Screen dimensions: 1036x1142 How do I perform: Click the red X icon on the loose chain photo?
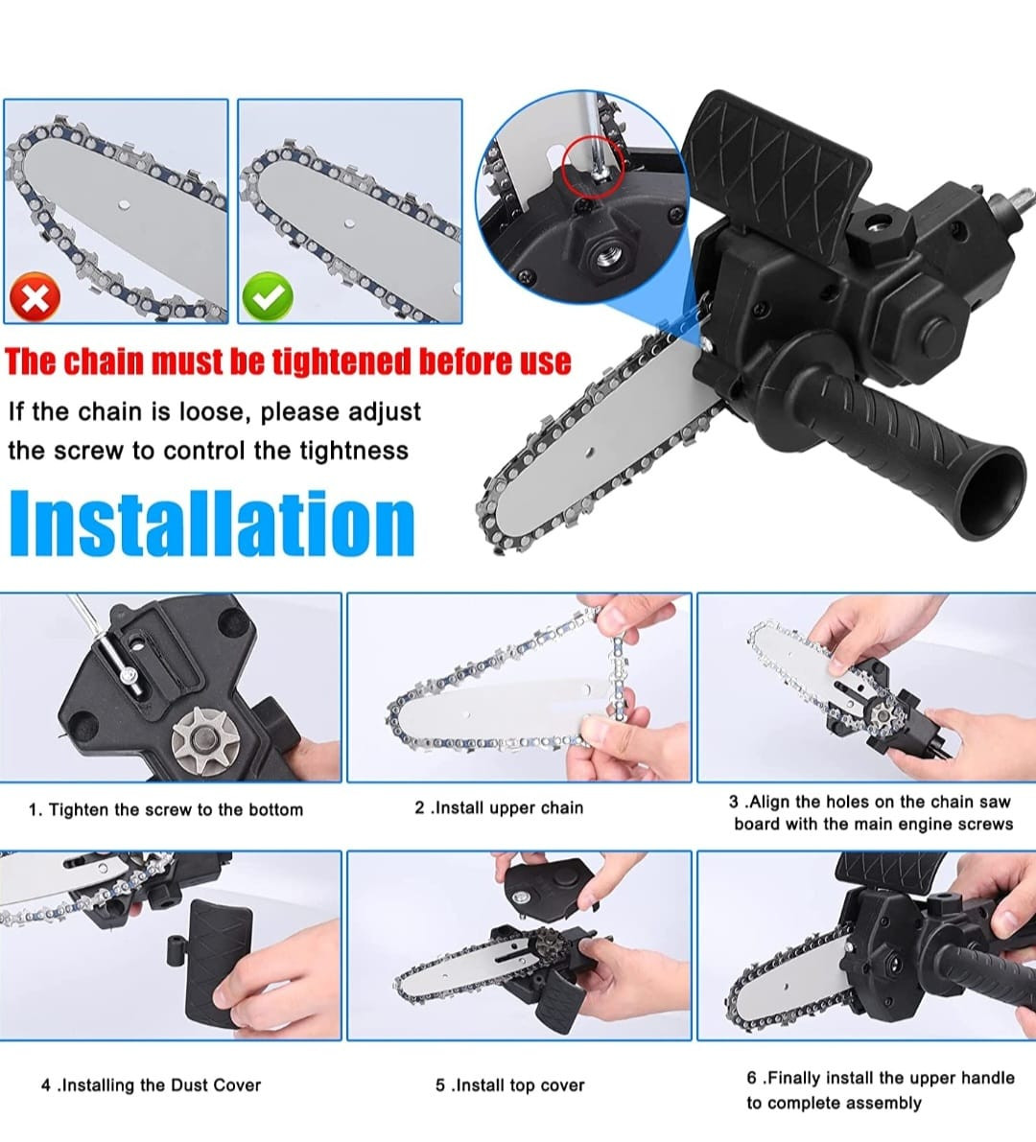[x=35, y=296]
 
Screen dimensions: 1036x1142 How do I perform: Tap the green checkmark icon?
[x=268, y=295]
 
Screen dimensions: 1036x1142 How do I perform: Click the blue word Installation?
[x=212, y=524]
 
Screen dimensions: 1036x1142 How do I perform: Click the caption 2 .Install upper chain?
[x=499, y=807]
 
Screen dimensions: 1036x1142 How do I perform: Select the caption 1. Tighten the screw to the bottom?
[x=165, y=809]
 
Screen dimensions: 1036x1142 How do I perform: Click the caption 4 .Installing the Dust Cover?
[x=151, y=1085]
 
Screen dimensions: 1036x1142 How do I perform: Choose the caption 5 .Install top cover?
[x=510, y=1085]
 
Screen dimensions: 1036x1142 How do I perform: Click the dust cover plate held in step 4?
[x=219, y=963]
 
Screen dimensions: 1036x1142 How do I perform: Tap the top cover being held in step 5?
[x=550, y=884]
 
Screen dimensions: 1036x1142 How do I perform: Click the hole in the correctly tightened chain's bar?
[x=350, y=222]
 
